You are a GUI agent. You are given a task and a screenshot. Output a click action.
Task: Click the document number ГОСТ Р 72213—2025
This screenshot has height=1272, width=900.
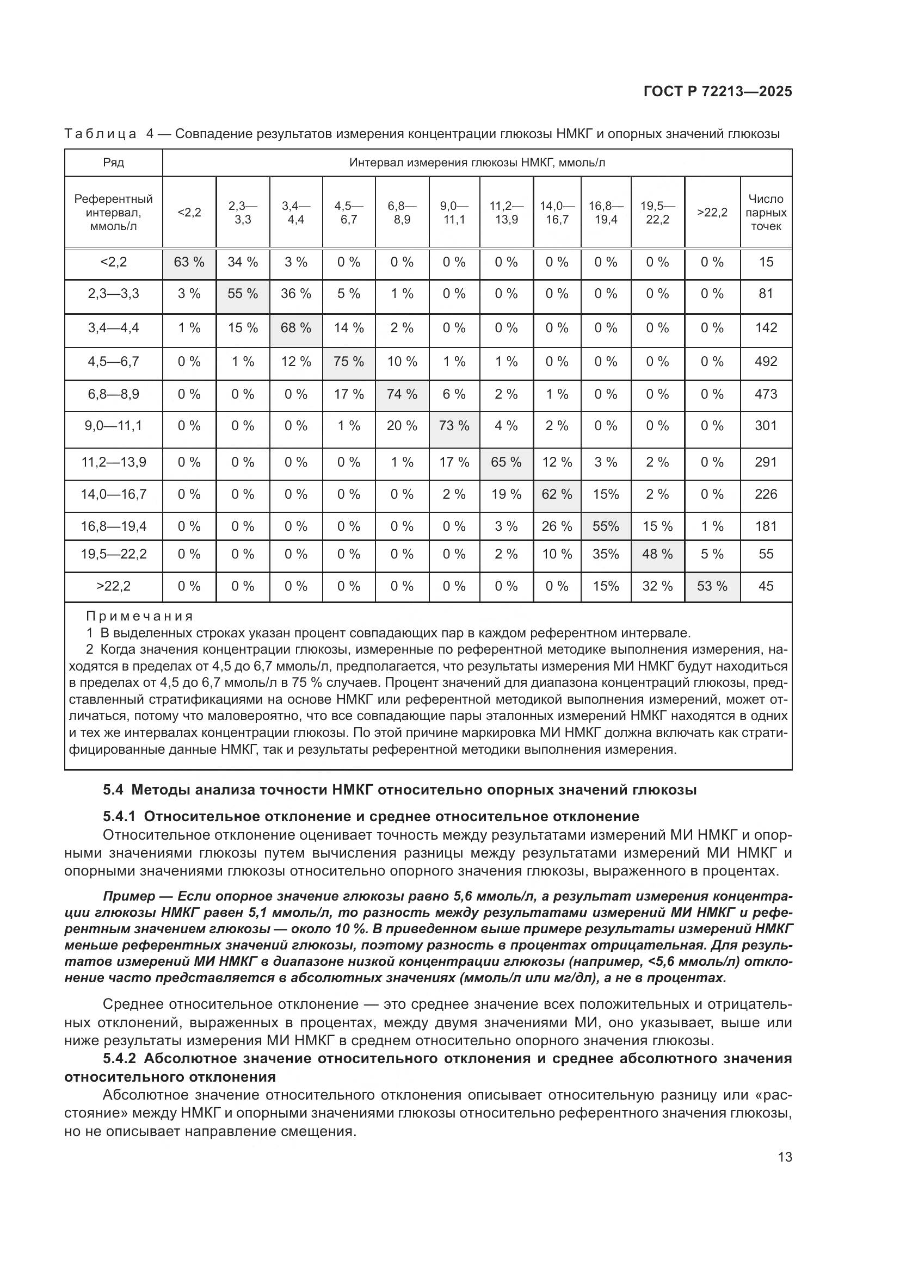click(x=718, y=91)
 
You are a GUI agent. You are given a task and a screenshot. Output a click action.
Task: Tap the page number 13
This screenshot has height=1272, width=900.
click(x=785, y=1157)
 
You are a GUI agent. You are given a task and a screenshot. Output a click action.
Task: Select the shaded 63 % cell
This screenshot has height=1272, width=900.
click(x=189, y=262)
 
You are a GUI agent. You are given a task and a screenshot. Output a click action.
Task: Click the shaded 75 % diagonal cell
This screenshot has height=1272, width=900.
click(x=349, y=362)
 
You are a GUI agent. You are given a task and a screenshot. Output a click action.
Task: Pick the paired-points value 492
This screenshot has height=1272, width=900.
click(x=766, y=362)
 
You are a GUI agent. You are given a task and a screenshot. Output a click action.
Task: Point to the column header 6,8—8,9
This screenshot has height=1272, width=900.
click(x=402, y=212)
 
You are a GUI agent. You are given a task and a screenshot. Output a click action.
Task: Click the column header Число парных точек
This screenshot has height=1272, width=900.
click(x=766, y=212)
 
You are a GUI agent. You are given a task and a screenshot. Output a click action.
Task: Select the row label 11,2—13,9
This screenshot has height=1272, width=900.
click(x=114, y=462)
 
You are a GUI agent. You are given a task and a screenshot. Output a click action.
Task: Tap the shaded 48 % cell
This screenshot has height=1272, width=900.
click(x=657, y=554)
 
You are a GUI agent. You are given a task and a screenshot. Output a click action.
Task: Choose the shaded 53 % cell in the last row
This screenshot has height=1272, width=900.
click(x=712, y=586)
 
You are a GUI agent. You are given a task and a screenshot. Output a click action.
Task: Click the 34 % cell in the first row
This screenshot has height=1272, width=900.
click(x=243, y=262)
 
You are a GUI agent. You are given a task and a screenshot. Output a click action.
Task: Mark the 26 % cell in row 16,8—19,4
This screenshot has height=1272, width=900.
click(x=557, y=526)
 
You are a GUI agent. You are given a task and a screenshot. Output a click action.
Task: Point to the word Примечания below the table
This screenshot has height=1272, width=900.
click(x=140, y=616)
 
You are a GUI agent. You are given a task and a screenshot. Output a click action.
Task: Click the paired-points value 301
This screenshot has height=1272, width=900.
click(x=766, y=426)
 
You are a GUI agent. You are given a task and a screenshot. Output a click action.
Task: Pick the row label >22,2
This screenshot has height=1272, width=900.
click(x=114, y=586)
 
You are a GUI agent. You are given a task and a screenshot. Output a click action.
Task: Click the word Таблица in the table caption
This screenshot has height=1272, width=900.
click(x=100, y=134)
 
